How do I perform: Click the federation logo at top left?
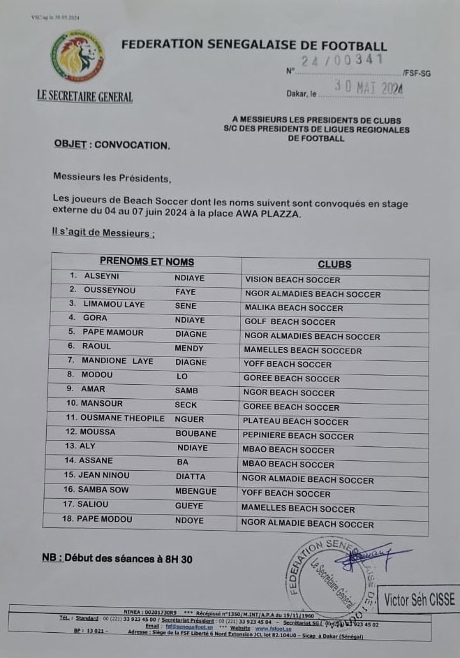coord(77,56)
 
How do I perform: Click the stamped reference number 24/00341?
coord(342,61)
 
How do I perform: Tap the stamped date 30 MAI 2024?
coord(369,87)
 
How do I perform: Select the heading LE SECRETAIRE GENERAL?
coord(85,96)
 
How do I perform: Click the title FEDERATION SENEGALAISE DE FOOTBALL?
coord(254,45)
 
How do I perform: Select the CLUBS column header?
coord(334,265)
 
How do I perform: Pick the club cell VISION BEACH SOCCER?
coord(292,279)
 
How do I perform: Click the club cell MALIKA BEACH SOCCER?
coord(294,308)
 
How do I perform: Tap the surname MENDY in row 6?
coord(189,348)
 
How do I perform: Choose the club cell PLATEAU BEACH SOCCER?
coord(295,422)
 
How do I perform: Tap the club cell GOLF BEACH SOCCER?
coord(290,322)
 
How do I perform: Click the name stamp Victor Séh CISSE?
coord(419,599)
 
